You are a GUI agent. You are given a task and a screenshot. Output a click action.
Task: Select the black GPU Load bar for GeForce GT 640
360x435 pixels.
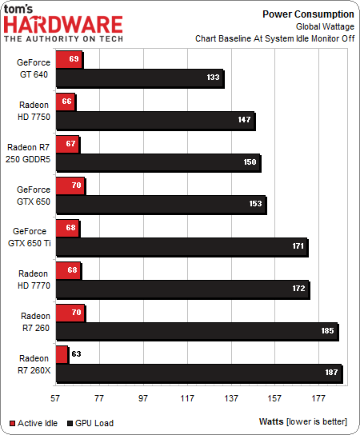139,78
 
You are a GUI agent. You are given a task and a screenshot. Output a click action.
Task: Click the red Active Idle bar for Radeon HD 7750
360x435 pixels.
65,103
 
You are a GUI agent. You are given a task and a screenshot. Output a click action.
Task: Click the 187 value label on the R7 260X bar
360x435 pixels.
331,373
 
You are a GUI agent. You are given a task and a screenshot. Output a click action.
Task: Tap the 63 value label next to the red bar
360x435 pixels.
78,353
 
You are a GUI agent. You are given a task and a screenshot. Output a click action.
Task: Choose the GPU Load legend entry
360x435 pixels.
95,421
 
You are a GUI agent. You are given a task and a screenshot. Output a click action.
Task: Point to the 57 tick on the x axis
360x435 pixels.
55,397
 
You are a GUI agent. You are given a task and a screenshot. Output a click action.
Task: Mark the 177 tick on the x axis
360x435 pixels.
318,397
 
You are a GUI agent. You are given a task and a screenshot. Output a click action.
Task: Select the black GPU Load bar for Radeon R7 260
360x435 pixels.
196,331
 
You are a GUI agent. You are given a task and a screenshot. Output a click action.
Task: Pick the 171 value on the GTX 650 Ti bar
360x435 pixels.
298,246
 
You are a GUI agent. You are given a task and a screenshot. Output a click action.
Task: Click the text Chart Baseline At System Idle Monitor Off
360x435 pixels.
274,38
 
